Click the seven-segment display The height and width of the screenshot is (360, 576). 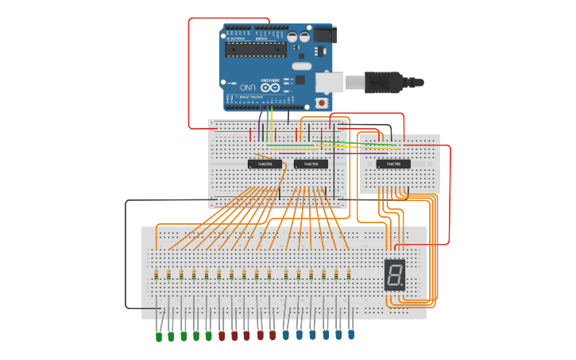coord(395,275)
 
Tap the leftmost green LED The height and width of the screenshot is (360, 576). coord(158,336)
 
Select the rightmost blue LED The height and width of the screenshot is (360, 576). coord(350,335)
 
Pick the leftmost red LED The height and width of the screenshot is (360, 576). coord(222,336)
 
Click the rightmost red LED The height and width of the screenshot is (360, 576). coord(273,335)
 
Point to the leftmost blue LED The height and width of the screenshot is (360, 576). coord(286,335)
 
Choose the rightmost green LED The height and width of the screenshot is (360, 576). coord(209,336)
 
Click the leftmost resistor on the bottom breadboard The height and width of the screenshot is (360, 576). coord(157,275)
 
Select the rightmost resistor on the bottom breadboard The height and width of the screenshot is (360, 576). coord(348,275)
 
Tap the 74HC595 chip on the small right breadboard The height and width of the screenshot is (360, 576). coord(393,165)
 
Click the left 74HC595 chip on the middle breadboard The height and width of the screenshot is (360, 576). coord(265,165)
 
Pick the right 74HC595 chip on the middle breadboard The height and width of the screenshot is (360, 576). coord(311,165)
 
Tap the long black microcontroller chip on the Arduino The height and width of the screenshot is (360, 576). coord(255,49)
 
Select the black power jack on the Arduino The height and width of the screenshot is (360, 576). coord(324,35)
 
